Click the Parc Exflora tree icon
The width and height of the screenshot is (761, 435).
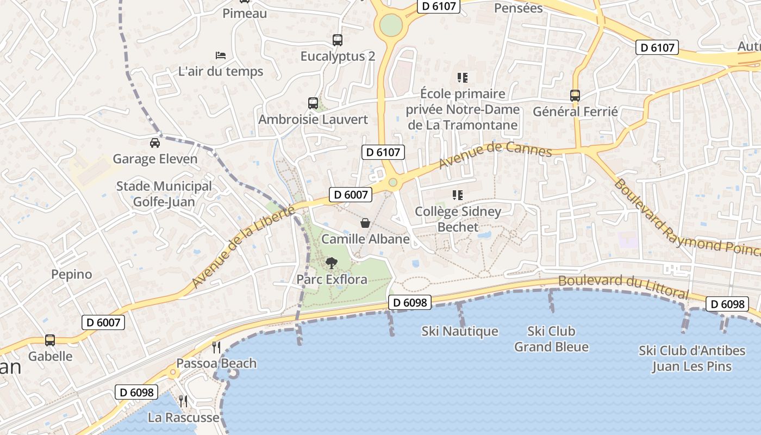coord(331,264)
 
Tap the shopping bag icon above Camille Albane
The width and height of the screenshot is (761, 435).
coord(365,223)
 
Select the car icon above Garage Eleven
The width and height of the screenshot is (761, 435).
coord(155,143)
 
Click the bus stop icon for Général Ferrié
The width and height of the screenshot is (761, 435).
coord(575,96)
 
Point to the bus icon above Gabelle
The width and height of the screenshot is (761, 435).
coord(50,340)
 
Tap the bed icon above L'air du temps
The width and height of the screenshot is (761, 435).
coord(221,55)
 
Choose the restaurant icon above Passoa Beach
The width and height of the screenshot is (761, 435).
coord(216,347)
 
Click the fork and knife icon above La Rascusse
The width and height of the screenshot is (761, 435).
coord(183,401)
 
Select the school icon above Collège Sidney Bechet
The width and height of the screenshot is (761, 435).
coord(458,195)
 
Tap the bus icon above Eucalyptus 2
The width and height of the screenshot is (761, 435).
coord(338,40)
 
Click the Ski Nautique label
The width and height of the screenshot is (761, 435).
coord(460,331)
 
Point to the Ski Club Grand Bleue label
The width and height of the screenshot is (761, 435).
coord(551,339)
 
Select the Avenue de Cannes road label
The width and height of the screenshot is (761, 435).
coord(495,155)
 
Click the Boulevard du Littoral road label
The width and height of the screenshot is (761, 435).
coord(623,287)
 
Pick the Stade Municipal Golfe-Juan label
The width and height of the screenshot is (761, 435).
coord(164,194)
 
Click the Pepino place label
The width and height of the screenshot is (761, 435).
coord(72,274)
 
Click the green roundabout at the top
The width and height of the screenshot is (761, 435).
coord(391,24)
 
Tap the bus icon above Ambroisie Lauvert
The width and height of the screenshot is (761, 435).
coord(313,103)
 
